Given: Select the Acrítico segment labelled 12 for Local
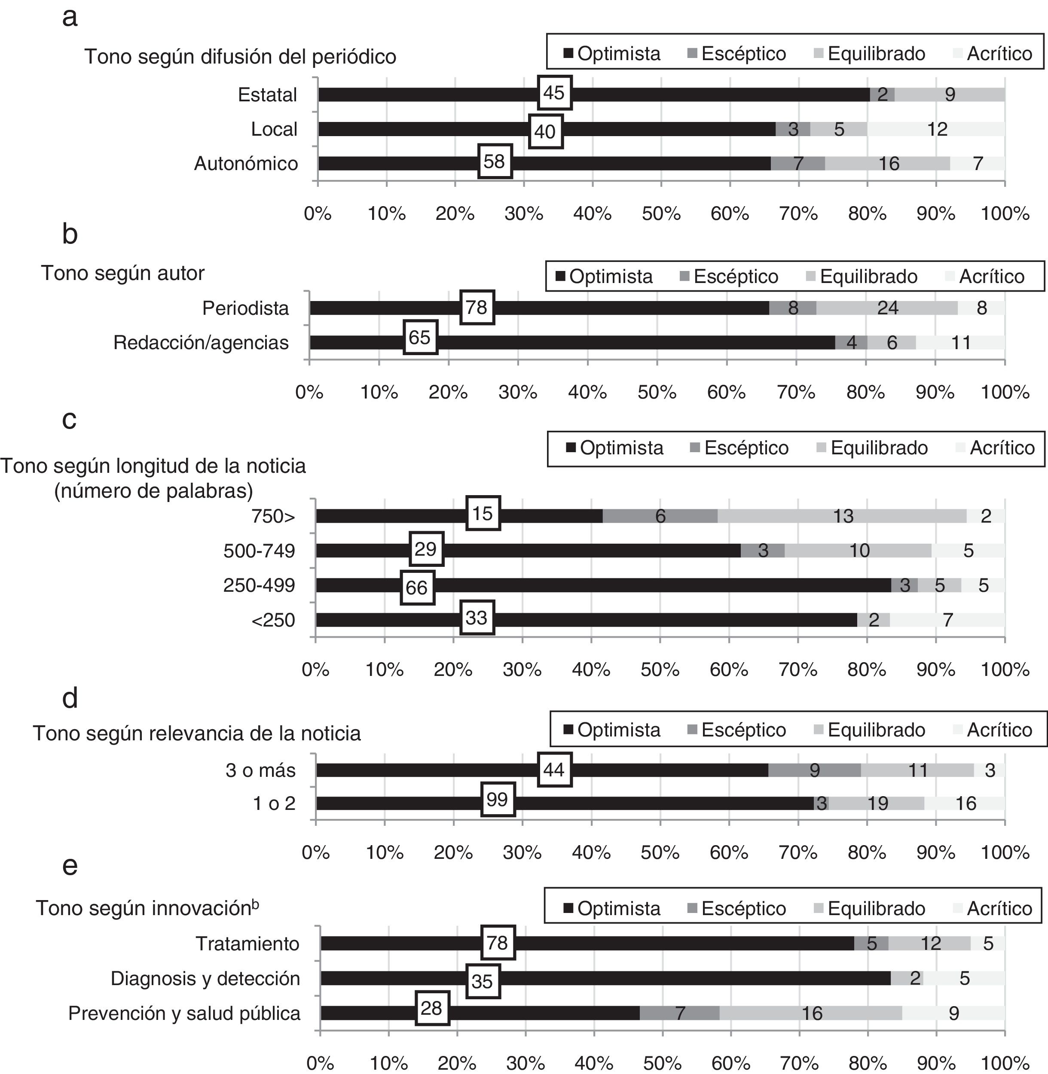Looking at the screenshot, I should point(936,129).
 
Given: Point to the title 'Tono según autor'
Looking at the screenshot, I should point(123,273).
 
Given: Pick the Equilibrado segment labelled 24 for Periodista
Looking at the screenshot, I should point(887,308).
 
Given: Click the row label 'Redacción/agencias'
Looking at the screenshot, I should point(201,343).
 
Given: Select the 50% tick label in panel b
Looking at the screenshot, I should point(657,392).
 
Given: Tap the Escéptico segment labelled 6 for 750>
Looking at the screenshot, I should point(660,516).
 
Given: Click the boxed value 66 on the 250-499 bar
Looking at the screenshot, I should point(417,587).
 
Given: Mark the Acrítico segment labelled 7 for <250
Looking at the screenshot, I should point(947,620).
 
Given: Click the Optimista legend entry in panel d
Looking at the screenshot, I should point(611,730).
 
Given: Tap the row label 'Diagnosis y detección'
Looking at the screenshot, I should point(205,978).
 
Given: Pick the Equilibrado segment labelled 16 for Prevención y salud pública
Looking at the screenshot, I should point(811,1013).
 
